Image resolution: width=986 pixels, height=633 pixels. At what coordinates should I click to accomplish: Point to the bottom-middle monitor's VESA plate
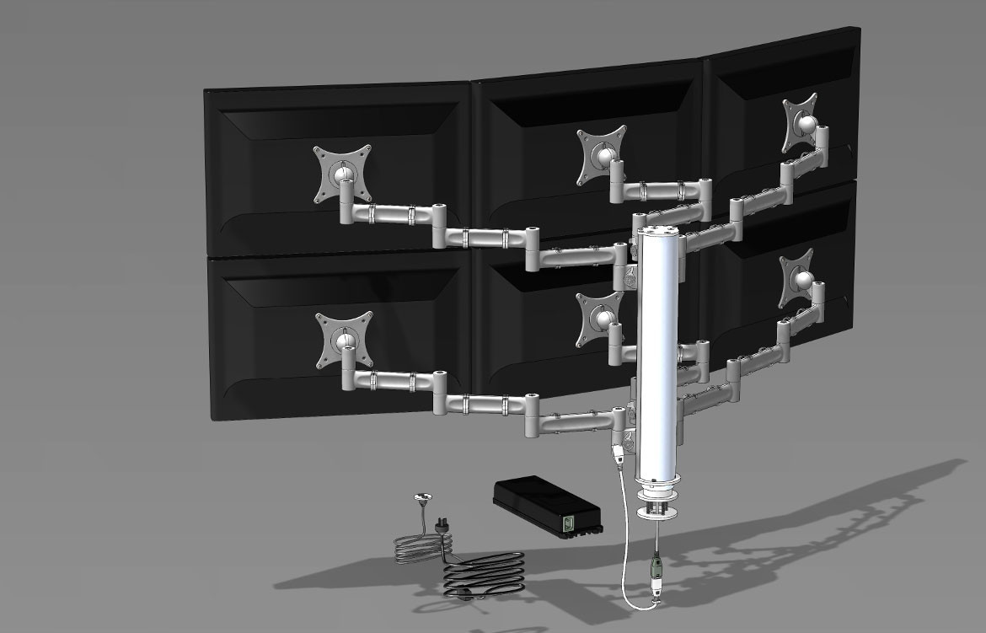599,319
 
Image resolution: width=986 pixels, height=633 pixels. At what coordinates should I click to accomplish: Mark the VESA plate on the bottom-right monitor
798,276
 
